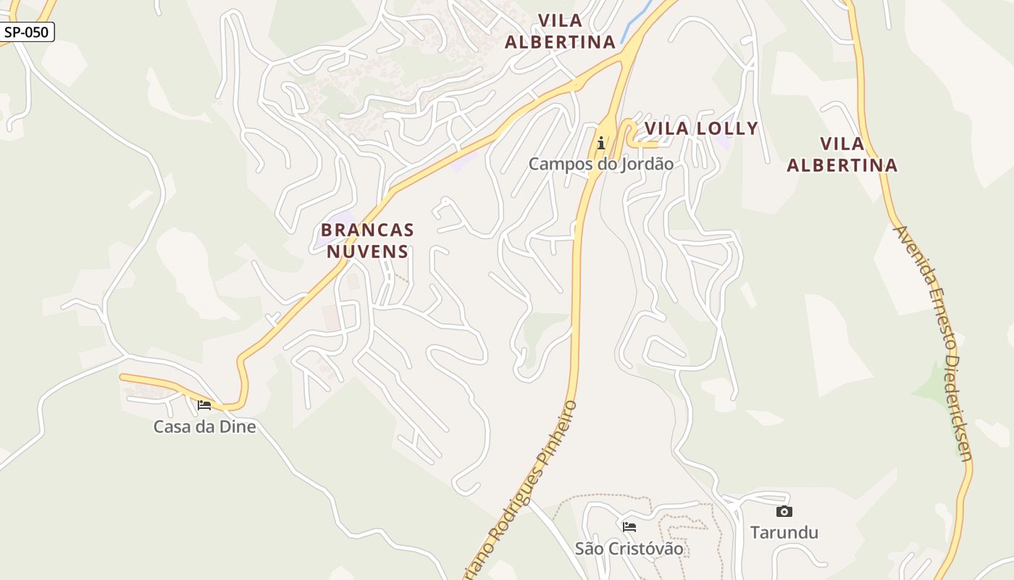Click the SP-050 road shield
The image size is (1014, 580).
coord(28,32)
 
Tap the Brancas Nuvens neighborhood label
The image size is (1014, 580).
coord(367,241)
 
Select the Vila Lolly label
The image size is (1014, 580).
coord(700,128)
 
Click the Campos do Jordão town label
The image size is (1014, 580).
coord(600,164)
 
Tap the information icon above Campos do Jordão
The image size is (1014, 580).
coord(600,143)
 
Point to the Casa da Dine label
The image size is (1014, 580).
coord(204,426)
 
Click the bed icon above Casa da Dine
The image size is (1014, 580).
coord(204,405)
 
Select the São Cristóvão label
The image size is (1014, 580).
coord(629,548)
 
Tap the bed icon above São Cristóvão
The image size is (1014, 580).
coord(629,526)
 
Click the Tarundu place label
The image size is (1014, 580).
coord(784,532)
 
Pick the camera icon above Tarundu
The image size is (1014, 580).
coord(784,512)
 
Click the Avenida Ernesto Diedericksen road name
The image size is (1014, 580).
coord(934,342)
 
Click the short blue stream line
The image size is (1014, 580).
coord(635,22)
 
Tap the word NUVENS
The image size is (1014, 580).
coord(367,252)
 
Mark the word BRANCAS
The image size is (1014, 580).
coord(367,231)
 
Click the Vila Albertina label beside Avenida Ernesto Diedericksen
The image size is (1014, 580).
coord(842,154)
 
